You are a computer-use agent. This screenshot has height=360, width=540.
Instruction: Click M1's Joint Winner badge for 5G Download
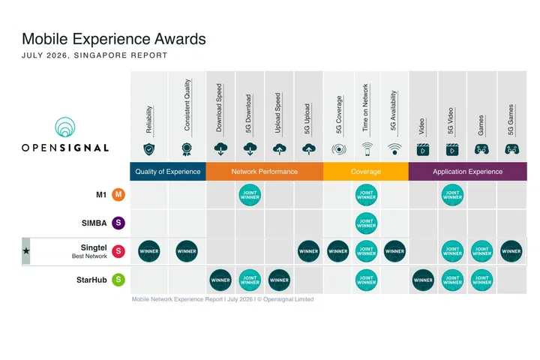pyautogui.click(x=250, y=195)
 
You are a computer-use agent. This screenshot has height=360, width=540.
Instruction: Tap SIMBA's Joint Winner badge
pyautogui.click(x=366, y=223)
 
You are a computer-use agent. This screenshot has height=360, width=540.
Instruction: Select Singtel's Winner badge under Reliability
pyautogui.click(x=148, y=251)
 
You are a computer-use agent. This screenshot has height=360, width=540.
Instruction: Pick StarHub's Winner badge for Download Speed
pyautogui.click(x=220, y=280)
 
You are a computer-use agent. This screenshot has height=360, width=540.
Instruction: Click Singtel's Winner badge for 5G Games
pyautogui.click(x=511, y=251)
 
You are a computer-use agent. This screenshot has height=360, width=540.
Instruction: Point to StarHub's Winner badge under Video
pyautogui.click(x=423, y=280)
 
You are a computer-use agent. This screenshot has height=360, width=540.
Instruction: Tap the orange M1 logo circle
pyautogui.click(x=118, y=195)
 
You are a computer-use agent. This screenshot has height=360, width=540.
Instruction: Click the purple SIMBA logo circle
pyautogui.click(x=118, y=223)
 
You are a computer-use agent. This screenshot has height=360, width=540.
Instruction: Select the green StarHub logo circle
pyautogui.click(x=118, y=280)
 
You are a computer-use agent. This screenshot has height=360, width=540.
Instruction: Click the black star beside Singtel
pyautogui.click(x=26, y=250)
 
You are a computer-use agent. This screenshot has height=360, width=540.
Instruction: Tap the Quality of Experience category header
pyautogui.click(x=168, y=171)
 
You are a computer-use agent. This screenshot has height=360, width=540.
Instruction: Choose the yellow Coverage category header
pyautogui.click(x=366, y=171)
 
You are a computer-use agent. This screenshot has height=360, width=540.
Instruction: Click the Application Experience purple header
pyautogui.click(x=468, y=171)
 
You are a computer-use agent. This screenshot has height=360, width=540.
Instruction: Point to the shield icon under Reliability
pyautogui.click(x=148, y=149)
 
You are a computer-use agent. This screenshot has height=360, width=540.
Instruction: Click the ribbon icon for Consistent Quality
pyautogui.click(x=186, y=149)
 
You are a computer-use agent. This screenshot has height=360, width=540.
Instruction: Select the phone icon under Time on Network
pyautogui.click(x=367, y=149)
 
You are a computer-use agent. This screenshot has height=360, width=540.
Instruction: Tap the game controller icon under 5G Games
pyautogui.click(x=511, y=149)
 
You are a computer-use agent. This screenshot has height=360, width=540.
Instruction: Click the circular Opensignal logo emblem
pyautogui.click(x=64, y=127)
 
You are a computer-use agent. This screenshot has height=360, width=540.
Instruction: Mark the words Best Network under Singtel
pyautogui.click(x=89, y=256)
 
